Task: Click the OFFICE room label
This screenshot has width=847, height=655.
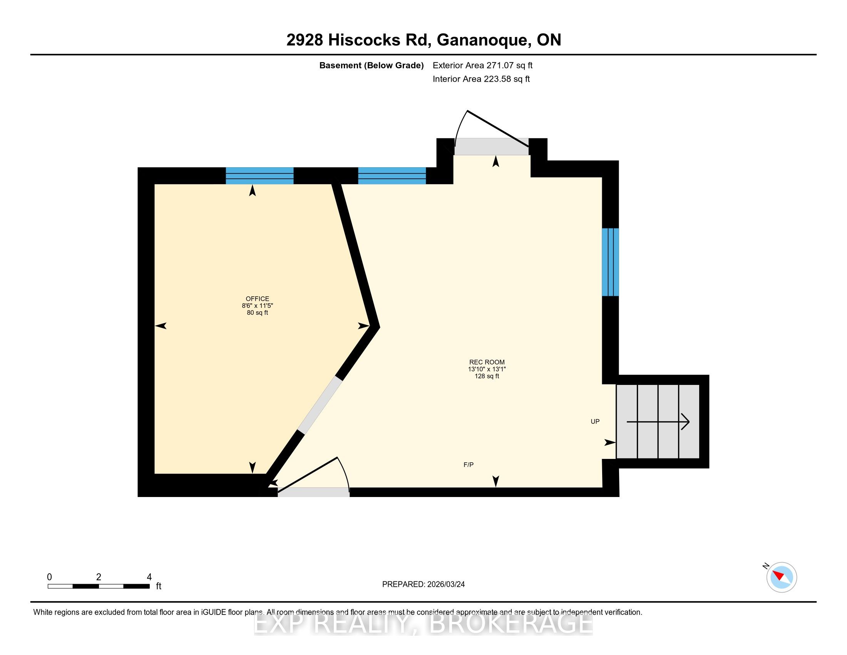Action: pyautogui.click(x=257, y=299)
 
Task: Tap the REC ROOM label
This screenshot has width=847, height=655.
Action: pyautogui.click(x=487, y=362)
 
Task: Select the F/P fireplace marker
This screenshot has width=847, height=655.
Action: pyautogui.click(x=469, y=465)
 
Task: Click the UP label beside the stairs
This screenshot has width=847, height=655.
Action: pyautogui.click(x=595, y=422)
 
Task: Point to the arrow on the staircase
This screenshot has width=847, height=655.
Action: pyautogui.click(x=658, y=422)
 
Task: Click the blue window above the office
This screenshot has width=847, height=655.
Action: pyautogui.click(x=259, y=176)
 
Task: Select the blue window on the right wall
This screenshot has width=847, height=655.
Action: pyautogui.click(x=611, y=262)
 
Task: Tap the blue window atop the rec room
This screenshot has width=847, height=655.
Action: pyautogui.click(x=392, y=176)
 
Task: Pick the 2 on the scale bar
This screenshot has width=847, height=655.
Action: pyautogui.click(x=99, y=577)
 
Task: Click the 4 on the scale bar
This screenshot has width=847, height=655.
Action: pyautogui.click(x=149, y=577)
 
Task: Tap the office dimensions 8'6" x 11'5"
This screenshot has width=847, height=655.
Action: pyautogui.click(x=257, y=306)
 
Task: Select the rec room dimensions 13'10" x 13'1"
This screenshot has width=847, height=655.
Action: pyautogui.click(x=487, y=369)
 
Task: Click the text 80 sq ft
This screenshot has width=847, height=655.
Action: pyautogui.click(x=257, y=313)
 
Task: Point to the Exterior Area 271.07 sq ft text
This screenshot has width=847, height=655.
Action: pyautogui.click(x=482, y=65)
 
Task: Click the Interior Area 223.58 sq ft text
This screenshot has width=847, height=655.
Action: pyautogui.click(x=481, y=79)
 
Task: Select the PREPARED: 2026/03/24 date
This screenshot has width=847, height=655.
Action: pyautogui.click(x=423, y=584)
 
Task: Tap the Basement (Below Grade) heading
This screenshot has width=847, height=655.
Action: pyautogui.click(x=371, y=65)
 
